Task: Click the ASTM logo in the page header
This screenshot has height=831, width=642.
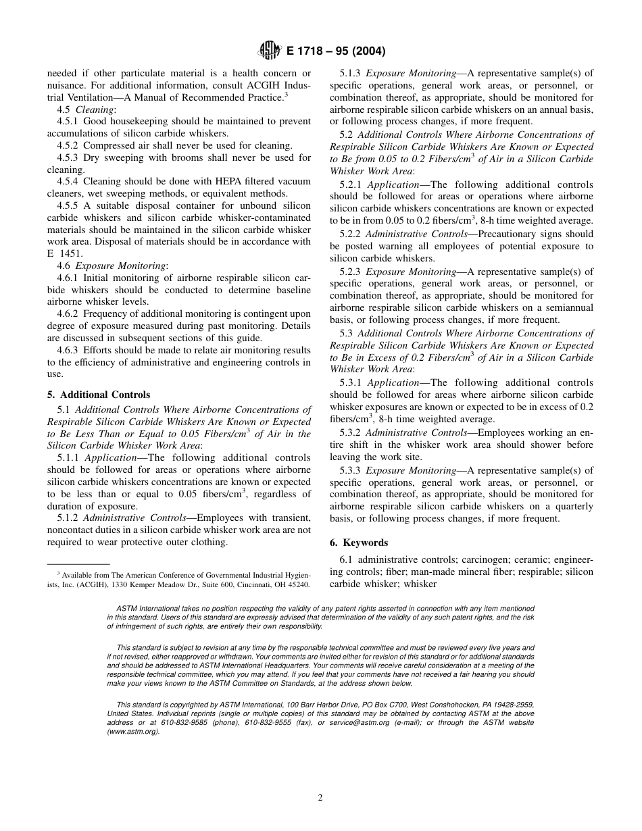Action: click(269, 51)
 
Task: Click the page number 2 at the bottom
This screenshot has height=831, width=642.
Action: click(320, 797)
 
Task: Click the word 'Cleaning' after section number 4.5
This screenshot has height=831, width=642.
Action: click(95, 109)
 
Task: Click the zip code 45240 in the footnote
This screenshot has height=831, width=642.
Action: click(299, 584)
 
